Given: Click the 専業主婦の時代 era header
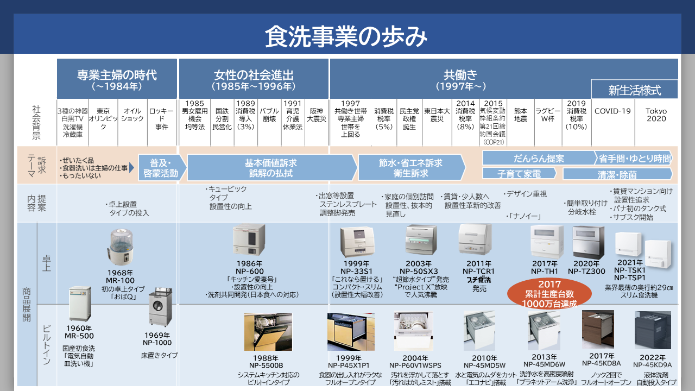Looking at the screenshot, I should click(x=117, y=79).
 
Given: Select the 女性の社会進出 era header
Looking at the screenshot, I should click(x=254, y=79).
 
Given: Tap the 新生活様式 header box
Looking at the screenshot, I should click(x=635, y=90).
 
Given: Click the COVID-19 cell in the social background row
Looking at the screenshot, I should click(x=612, y=111).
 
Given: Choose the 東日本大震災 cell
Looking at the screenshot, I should click(x=437, y=115).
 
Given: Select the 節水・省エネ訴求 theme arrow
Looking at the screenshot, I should click(x=410, y=168).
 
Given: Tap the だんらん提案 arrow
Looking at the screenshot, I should click(x=539, y=159).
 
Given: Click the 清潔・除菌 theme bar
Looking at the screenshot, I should click(x=617, y=174).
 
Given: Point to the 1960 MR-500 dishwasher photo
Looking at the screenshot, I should click(x=80, y=304).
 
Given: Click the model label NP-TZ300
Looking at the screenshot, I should click(x=586, y=271).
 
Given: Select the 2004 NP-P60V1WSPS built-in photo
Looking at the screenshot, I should click(x=414, y=331).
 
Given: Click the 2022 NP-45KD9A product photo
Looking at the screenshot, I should click(x=653, y=330).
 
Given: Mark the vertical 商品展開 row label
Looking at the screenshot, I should click(x=27, y=304).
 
